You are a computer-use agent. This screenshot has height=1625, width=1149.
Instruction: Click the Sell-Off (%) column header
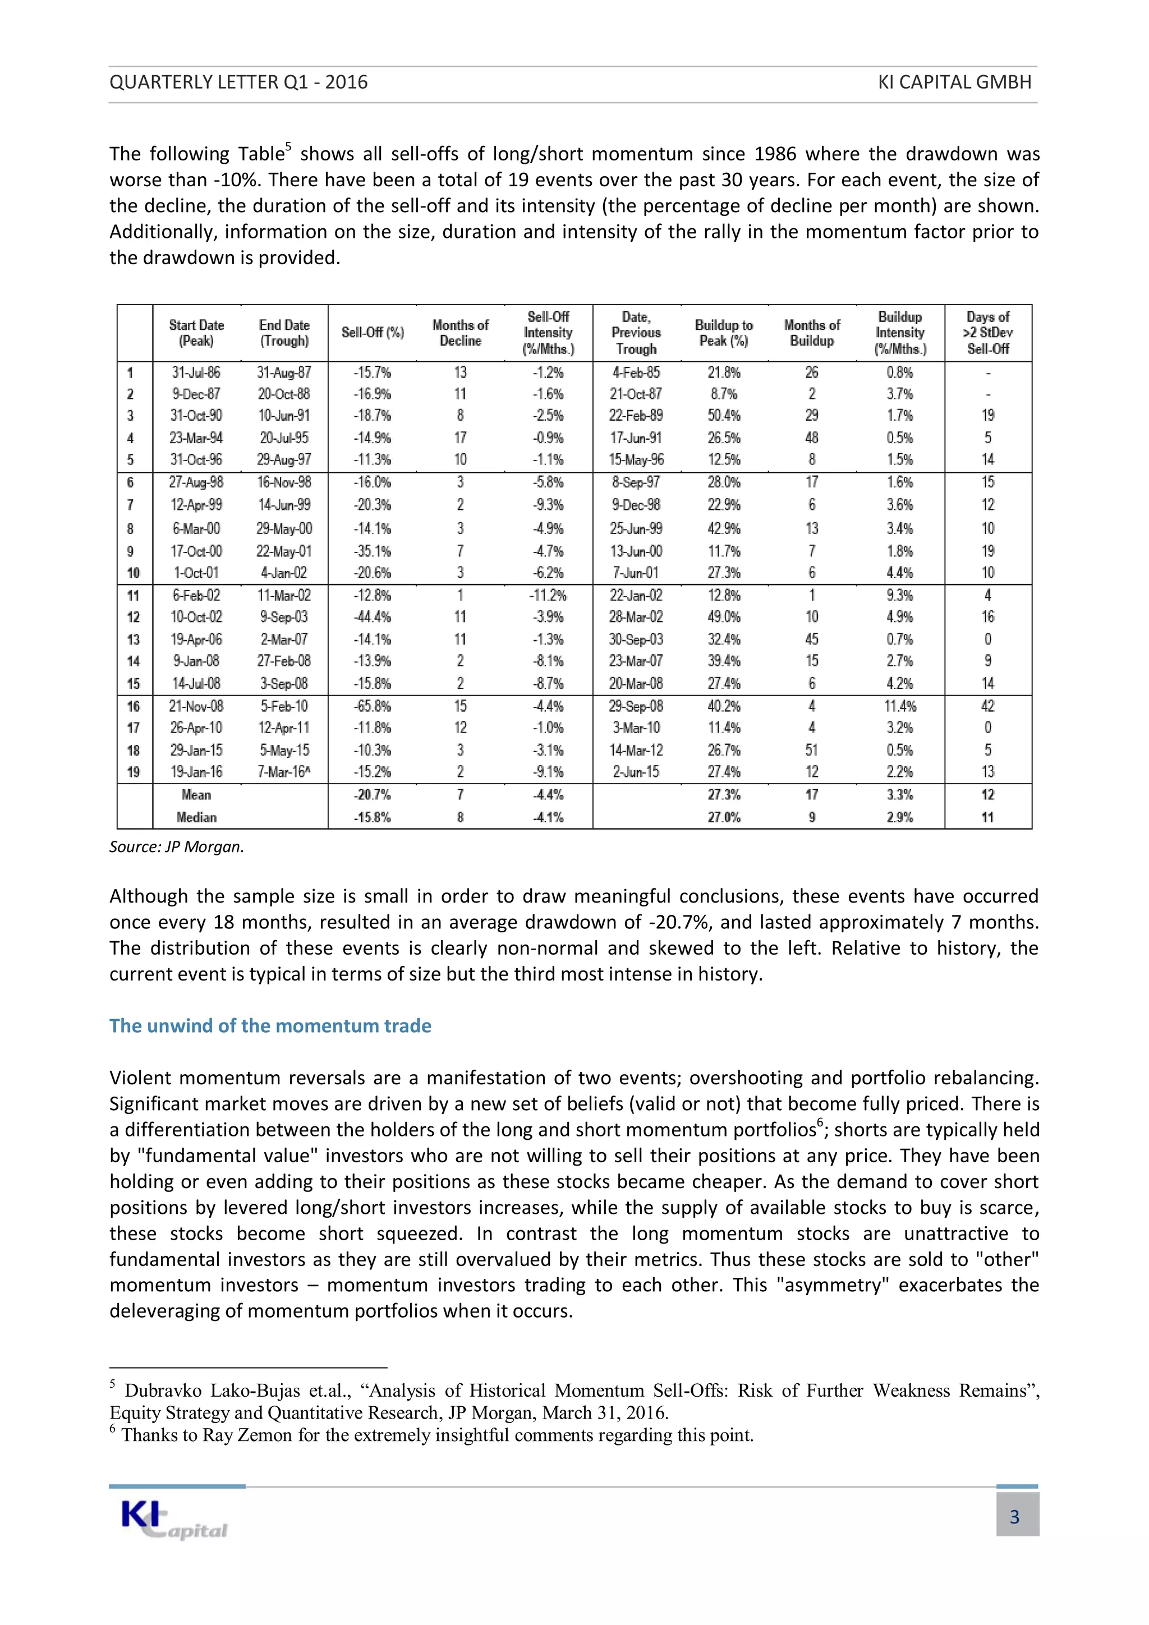(373, 333)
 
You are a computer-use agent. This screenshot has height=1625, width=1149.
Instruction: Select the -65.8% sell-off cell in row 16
(373, 706)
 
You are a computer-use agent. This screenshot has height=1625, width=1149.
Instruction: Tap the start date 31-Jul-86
(196, 372)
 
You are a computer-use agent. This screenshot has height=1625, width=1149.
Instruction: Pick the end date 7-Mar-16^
(284, 771)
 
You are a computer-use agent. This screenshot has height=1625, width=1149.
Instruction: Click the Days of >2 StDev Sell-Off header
(987, 333)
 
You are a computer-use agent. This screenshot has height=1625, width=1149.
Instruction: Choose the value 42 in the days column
(987, 706)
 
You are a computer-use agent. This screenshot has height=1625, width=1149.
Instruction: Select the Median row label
(196, 817)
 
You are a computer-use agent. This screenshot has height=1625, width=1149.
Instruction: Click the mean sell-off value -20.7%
(373, 795)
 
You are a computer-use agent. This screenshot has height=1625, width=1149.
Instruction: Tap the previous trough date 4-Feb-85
(636, 372)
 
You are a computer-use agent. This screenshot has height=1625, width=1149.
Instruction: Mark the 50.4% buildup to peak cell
(724, 416)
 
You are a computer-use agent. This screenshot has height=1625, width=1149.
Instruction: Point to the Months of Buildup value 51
(811, 749)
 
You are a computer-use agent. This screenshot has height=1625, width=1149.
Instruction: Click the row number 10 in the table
(133, 573)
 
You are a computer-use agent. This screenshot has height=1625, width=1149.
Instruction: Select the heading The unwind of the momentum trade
(270, 1025)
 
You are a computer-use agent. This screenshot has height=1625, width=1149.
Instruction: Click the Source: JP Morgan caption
(176, 846)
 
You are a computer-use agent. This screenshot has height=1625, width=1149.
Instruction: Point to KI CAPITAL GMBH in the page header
(954, 82)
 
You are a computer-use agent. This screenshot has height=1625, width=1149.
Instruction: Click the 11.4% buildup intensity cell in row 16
(900, 706)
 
